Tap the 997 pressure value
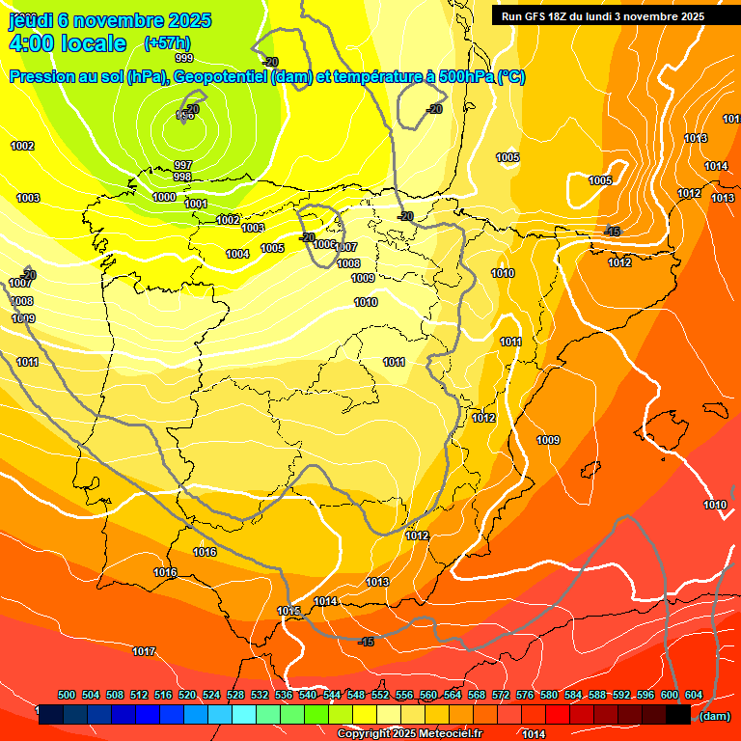[182, 165]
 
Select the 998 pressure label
[181, 178]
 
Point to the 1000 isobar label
[164, 197]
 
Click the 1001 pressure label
[196, 204]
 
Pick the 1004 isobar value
[237, 254]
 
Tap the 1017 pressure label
[144, 651]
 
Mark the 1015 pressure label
[288, 611]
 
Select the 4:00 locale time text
[68, 43]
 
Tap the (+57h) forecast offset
[167, 43]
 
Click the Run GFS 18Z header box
[603, 15]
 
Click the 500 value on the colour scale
[67, 695]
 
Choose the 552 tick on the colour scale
[380, 695]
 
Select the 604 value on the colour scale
[694, 695]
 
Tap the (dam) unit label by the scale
[714, 715]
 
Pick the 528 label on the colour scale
[235, 695]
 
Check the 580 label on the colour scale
[549, 695]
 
